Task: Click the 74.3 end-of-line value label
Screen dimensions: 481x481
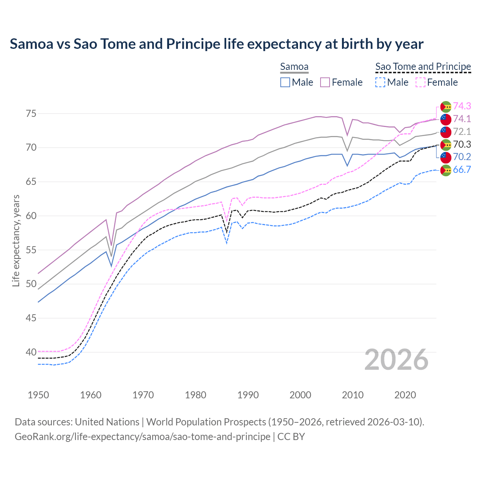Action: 462,106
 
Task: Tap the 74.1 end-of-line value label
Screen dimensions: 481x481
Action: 462,119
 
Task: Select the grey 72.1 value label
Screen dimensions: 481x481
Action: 462,132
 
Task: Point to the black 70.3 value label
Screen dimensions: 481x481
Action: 462,144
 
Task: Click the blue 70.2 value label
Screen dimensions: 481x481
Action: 462,157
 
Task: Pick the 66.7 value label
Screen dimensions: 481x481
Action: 462,169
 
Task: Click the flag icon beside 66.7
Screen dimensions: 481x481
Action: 446,170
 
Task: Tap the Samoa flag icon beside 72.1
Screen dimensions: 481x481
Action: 446,132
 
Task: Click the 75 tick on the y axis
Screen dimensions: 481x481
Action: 31,113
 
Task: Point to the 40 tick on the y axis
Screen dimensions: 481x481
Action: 31,352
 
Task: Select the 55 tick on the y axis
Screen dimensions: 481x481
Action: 31,250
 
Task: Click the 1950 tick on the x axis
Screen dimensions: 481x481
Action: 38,395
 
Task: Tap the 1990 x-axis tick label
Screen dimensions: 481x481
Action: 248,395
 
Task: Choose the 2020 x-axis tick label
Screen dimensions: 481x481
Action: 405,395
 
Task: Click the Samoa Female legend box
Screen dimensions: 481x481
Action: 325,82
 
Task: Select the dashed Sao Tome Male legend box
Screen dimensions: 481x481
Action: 380,82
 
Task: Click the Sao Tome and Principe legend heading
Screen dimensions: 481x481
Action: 423,67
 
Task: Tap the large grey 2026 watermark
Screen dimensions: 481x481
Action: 396,360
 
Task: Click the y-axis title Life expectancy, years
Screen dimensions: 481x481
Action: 16,240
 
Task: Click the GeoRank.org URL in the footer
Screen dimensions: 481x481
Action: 142,437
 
